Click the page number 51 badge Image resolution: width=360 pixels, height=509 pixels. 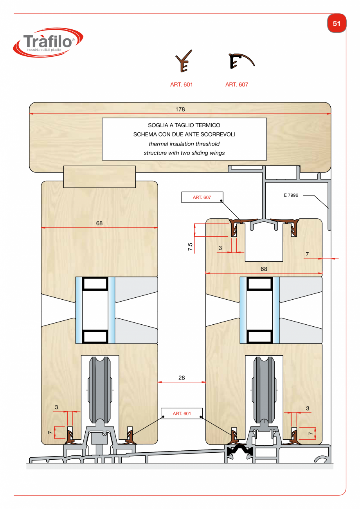pyautogui.click(x=337, y=23)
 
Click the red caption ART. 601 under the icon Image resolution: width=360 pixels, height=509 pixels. pyautogui.click(x=182, y=85)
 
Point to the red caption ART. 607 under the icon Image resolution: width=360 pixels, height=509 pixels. pyautogui.click(x=237, y=85)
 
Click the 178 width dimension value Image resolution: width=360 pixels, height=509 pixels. pyautogui.click(x=180, y=110)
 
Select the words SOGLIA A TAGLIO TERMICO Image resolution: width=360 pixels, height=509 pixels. pyautogui.click(x=184, y=126)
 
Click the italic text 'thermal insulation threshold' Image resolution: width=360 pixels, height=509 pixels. pyautogui.click(x=184, y=144)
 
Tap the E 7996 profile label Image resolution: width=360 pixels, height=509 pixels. pyautogui.click(x=291, y=195)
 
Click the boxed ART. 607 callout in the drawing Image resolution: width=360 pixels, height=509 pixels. pyautogui.click(x=202, y=198)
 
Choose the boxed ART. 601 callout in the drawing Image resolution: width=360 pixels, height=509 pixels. pyautogui.click(x=182, y=414)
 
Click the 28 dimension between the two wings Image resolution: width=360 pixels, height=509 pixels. pyautogui.click(x=182, y=378)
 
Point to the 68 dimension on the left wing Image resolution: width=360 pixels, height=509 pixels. pyautogui.click(x=99, y=223)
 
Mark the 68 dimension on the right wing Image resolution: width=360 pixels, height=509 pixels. pyautogui.click(x=264, y=269)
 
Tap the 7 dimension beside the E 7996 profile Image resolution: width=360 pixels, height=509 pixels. pyautogui.click(x=307, y=254)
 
